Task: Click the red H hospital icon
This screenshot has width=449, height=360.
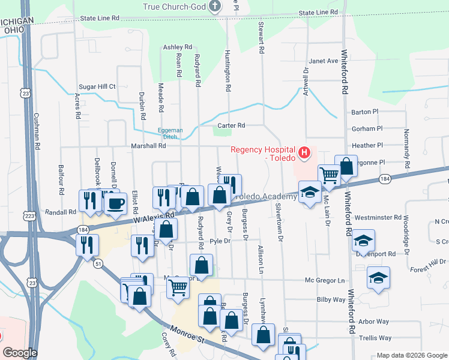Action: (x=304, y=153)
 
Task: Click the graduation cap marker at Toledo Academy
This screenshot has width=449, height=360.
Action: (x=309, y=192)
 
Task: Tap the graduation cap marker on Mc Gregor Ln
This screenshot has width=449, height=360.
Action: (x=379, y=278)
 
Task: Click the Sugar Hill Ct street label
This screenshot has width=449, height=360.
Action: (x=94, y=86)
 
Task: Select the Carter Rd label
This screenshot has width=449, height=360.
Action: (x=231, y=125)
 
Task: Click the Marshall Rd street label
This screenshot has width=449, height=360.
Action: (x=149, y=146)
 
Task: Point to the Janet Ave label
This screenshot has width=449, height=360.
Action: (x=324, y=61)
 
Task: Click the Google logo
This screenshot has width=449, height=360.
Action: (x=20, y=353)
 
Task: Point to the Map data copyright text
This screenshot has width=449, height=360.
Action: (x=412, y=355)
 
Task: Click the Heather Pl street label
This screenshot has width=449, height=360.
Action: (x=367, y=145)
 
